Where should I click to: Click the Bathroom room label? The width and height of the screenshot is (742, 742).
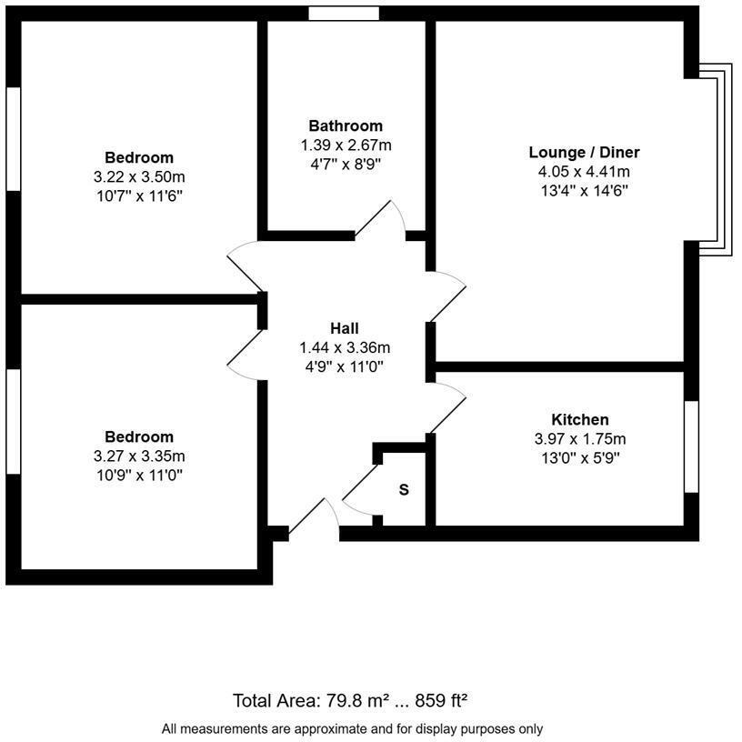click(346, 125)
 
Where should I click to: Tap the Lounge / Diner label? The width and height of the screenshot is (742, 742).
click(585, 152)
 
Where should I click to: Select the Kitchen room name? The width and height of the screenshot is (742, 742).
click(580, 419)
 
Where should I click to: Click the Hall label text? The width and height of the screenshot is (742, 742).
click(345, 328)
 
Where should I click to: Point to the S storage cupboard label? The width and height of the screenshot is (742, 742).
click(405, 490)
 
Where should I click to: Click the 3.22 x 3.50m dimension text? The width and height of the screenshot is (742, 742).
click(139, 176)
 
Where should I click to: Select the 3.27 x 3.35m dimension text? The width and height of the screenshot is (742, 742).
click(139, 456)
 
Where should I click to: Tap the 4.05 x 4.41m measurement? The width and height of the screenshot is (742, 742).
click(585, 171)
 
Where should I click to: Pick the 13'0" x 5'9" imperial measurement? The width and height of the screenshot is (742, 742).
click(580, 457)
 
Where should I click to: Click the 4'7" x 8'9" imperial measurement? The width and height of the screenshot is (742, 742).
click(346, 165)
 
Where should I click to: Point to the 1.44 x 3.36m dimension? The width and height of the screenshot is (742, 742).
click(345, 347)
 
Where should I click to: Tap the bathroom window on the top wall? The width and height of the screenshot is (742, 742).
click(343, 13)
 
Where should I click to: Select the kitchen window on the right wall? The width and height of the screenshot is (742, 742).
click(691, 446)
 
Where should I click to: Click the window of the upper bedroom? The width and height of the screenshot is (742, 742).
click(13, 139)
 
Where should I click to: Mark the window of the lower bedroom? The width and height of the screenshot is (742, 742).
click(13, 421)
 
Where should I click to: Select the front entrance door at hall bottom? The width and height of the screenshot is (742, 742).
click(314, 519)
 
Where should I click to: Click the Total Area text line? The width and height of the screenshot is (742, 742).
click(350, 700)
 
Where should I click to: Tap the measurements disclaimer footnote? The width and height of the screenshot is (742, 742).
click(352, 728)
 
